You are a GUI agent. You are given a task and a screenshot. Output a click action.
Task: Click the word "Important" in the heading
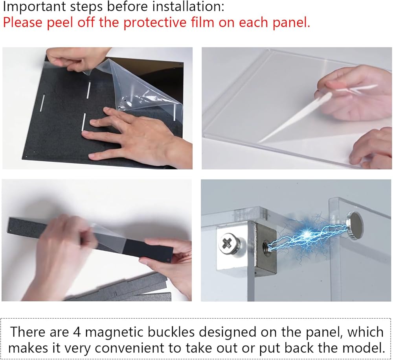coord(35,7)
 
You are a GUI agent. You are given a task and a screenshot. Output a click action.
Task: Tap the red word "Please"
coord(23,22)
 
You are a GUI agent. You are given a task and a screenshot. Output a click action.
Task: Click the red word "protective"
coord(155,22)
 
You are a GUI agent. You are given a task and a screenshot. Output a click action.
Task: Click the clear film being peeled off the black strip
coord(110,234)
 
